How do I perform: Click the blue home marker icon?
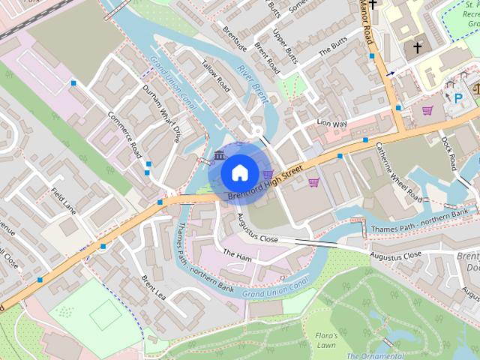coord(238,172)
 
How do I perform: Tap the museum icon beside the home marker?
coord(219,155)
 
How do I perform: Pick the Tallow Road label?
coord(215,76)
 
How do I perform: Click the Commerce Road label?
coord(124,135)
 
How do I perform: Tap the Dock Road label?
coord(448,152)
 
